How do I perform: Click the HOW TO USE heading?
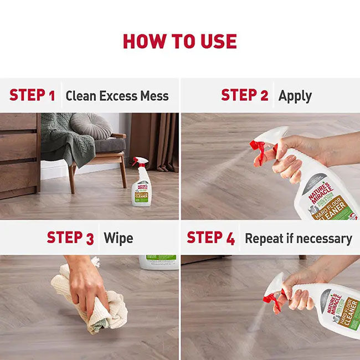coord(179,42)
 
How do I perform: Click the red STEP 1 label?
coord(32,95)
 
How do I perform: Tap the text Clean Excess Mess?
coord(117,96)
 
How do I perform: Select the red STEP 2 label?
coord(244,95)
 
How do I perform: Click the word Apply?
coord(295,96)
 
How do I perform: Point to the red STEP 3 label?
coord(70,238)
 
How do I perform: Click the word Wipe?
coord(118,239)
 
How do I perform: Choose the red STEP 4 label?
coord(210,238)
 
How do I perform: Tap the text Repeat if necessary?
coord(298,239)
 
